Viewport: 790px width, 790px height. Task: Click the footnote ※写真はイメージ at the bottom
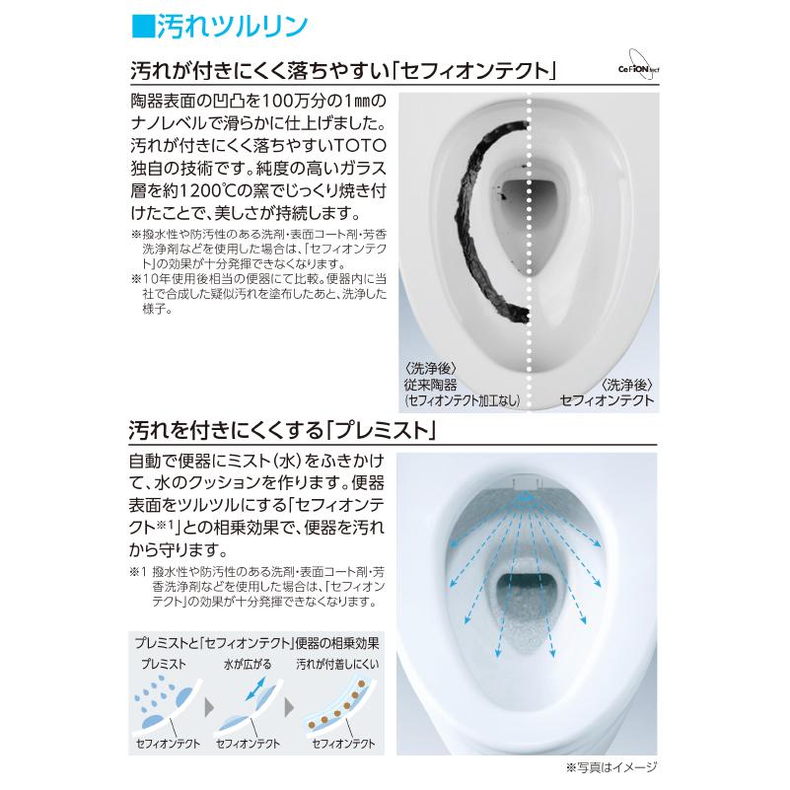610,765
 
